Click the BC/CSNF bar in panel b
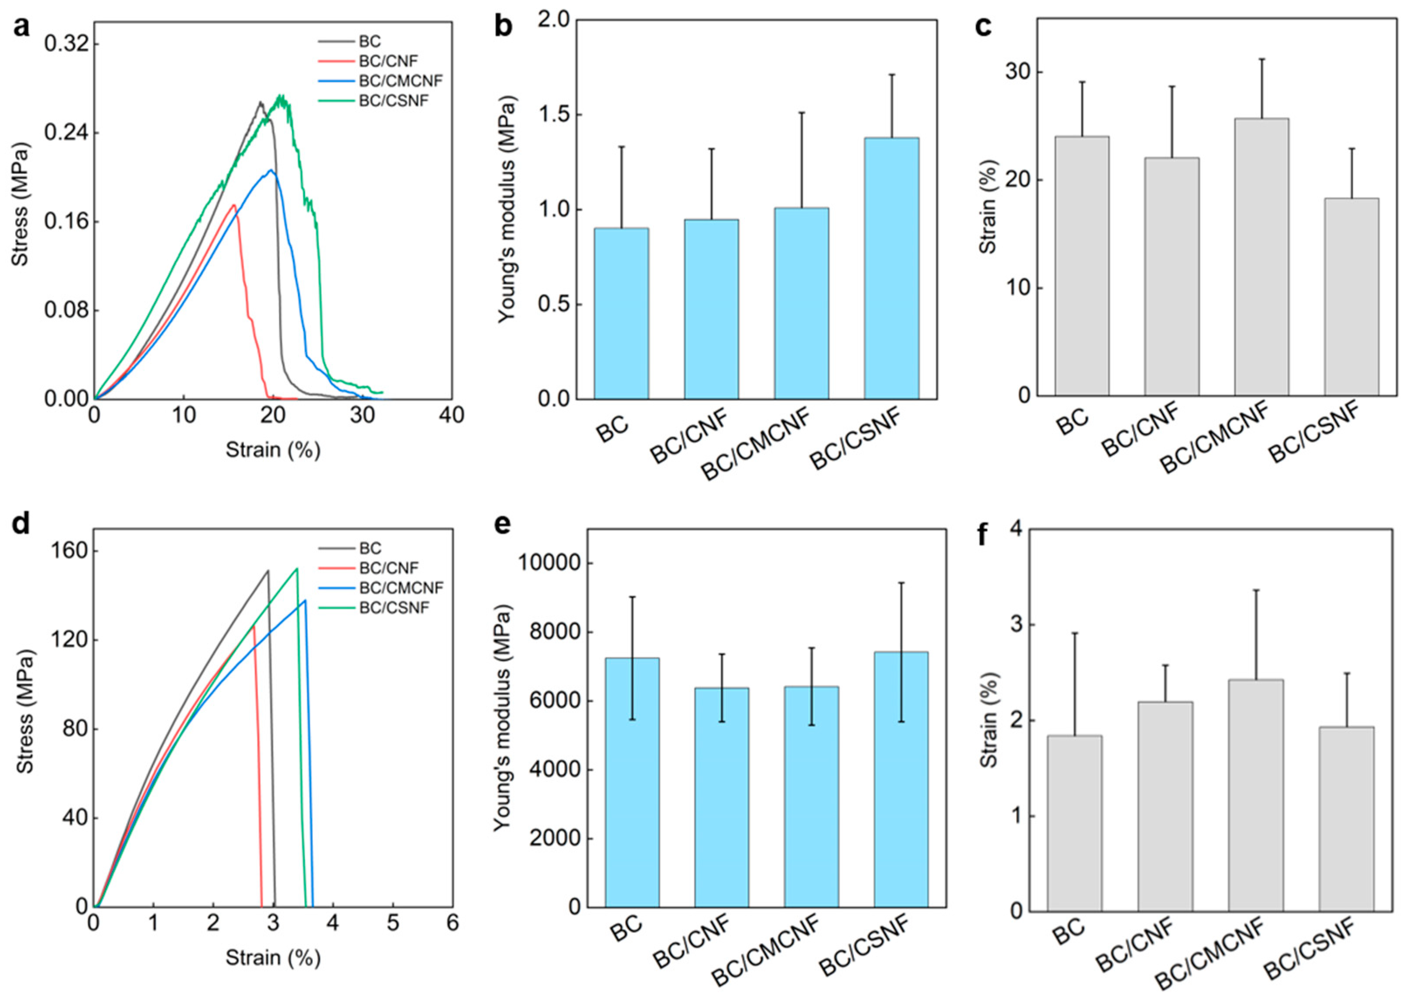point(891,268)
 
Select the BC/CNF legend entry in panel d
point(388,568)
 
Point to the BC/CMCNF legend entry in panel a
point(401,81)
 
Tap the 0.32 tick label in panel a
point(64,44)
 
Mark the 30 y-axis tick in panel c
point(1020,72)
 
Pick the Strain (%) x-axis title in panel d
point(273,957)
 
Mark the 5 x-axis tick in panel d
point(393,923)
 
